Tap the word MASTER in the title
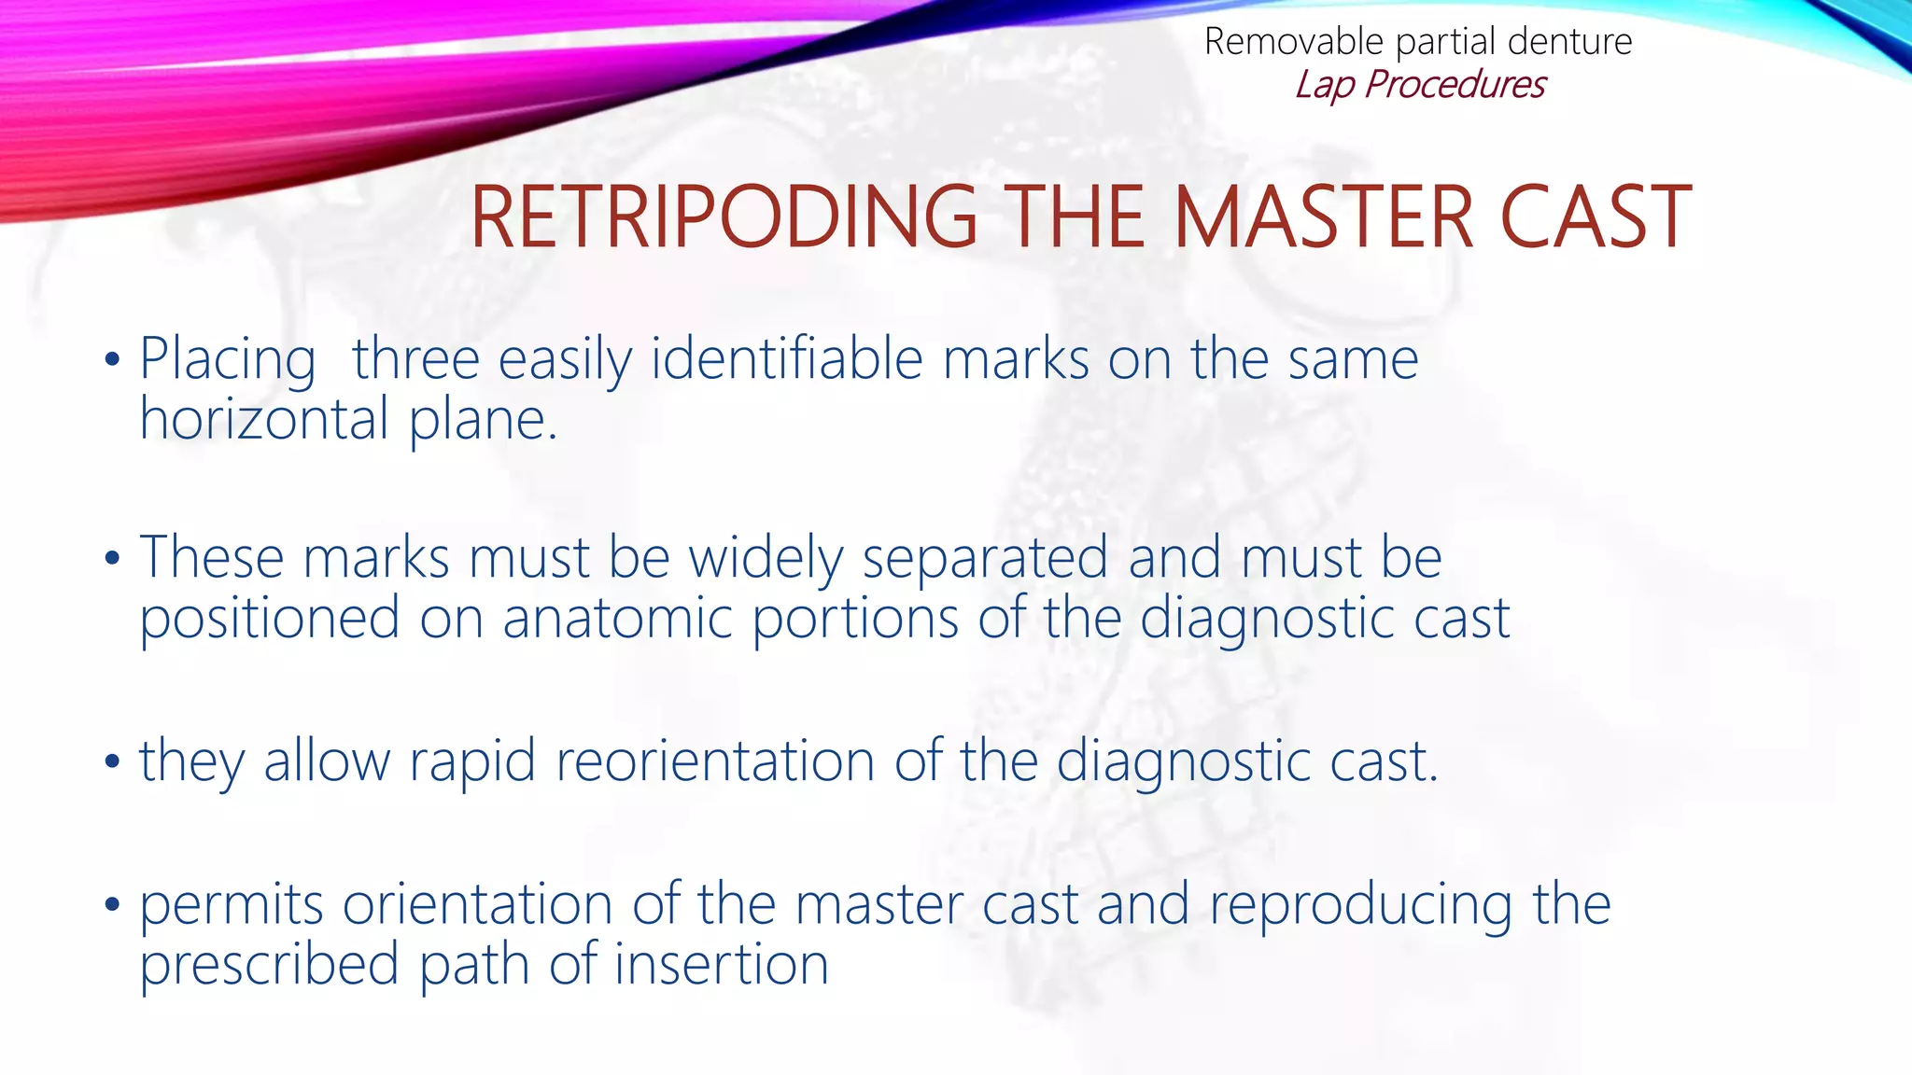coord(1324,218)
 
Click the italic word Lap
coord(1325,85)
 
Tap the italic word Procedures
coord(1455,85)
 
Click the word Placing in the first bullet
coord(228,360)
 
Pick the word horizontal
coord(264,419)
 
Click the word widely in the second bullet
coord(766,559)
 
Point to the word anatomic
coord(617,618)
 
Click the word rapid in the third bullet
coord(472,761)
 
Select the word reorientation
coord(715,761)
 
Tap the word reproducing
coord(1360,905)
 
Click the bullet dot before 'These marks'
coord(113,559)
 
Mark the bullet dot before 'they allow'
coord(113,761)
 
